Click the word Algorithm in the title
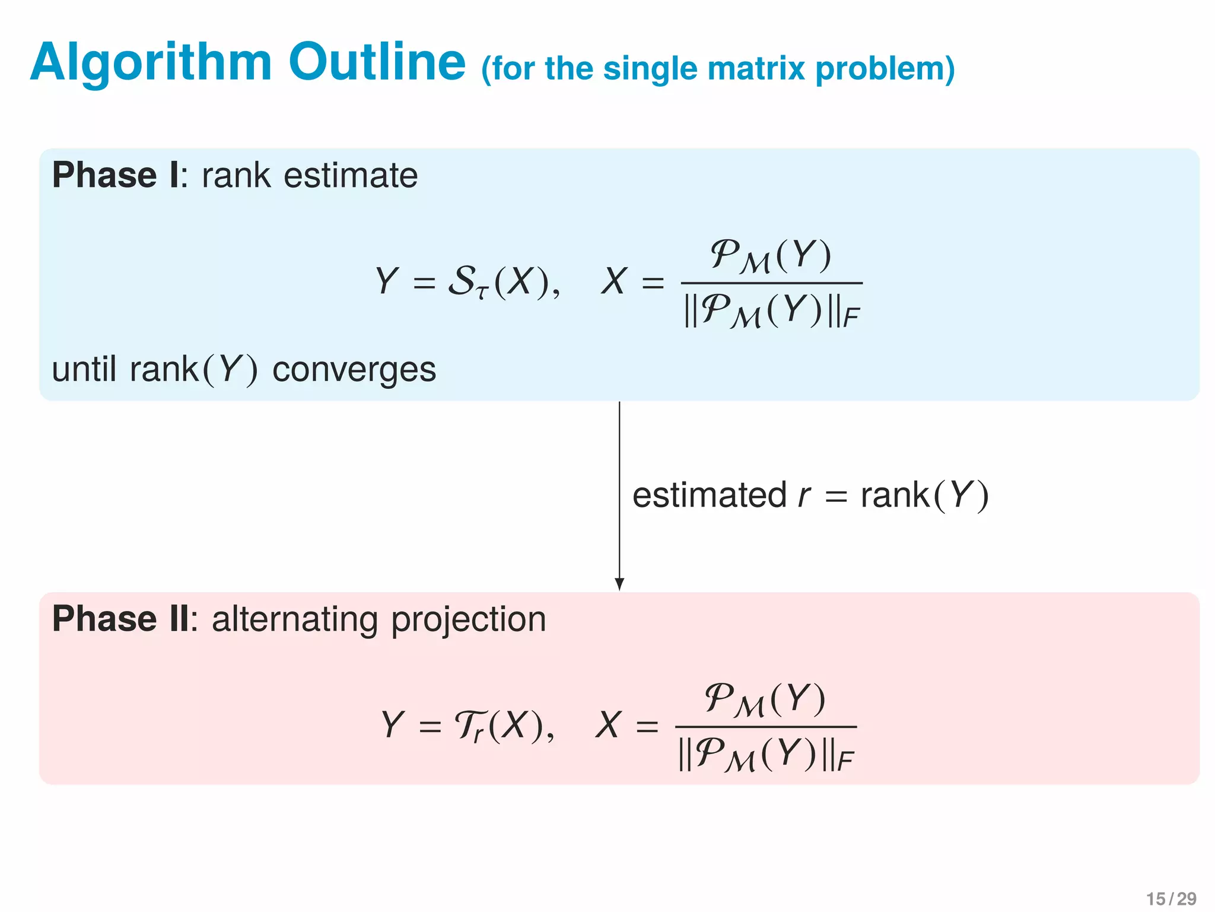pos(151,63)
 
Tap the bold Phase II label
pos(121,619)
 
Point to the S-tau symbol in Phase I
pos(467,281)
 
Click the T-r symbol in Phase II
pos(469,726)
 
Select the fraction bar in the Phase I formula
pos(771,283)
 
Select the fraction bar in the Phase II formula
pos(765,727)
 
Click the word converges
pos(354,369)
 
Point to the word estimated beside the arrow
pos(709,495)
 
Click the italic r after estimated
pos(804,496)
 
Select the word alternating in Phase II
pos(295,619)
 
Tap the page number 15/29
pos(1171,898)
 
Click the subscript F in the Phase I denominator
pos(851,318)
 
